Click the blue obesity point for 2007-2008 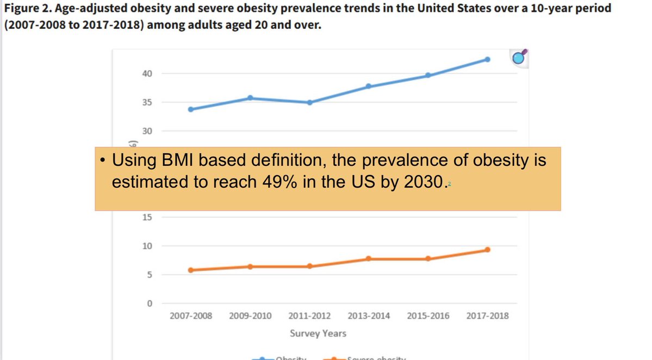pos(191,109)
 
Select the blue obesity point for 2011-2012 pos(309,102)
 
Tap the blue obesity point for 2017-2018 pos(487,59)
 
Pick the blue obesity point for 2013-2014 pos(369,86)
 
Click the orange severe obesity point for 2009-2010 pos(250,266)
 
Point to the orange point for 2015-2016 pos(428,259)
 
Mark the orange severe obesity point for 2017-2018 pos(487,250)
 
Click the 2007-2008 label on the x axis pos(191,315)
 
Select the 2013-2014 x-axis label pos(369,315)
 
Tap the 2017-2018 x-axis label pos(487,315)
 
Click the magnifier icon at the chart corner pos(520,57)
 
